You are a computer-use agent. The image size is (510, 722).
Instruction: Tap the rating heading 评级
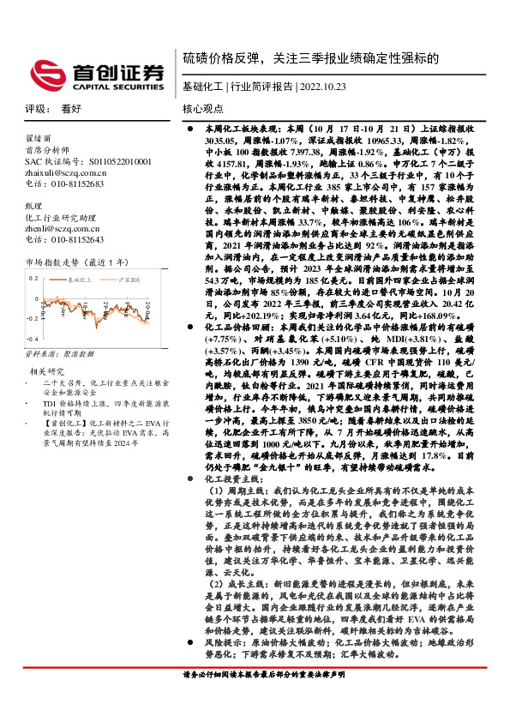[35, 109]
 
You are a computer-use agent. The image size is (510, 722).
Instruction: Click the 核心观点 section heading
[203, 109]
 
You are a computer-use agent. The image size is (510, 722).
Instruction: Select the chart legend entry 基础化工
[79, 279]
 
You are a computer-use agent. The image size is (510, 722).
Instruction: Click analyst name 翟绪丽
[39, 137]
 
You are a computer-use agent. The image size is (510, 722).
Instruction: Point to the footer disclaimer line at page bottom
[264, 674]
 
